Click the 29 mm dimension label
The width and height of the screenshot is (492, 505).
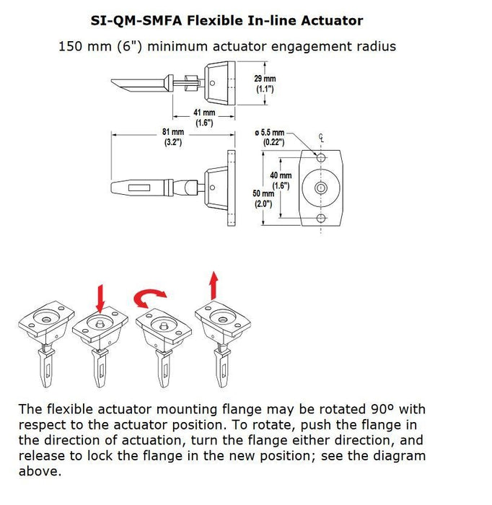(x=265, y=84)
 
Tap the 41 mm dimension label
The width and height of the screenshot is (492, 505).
(x=204, y=118)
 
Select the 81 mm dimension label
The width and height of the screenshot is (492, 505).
(x=173, y=137)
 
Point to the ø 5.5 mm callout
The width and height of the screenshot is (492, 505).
(x=270, y=137)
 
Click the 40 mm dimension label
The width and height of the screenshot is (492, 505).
(x=281, y=180)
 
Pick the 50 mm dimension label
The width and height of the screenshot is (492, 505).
(x=263, y=198)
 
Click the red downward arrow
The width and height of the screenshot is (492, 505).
(x=101, y=298)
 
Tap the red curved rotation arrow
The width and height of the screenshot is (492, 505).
(x=150, y=297)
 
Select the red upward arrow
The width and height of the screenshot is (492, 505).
(x=213, y=286)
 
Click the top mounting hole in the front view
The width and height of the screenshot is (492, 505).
(x=321, y=157)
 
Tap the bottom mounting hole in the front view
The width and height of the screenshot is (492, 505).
(x=321, y=218)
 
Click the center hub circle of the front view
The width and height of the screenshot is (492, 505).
(x=321, y=188)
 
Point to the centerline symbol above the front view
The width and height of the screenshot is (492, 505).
(x=321, y=138)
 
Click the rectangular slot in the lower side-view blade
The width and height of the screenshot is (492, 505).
(x=139, y=188)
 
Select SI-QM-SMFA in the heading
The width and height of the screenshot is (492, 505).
(x=136, y=21)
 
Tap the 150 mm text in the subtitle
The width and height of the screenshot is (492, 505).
(x=85, y=46)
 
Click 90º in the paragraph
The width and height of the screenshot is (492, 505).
(x=382, y=409)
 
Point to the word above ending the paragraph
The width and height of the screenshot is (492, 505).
(x=40, y=471)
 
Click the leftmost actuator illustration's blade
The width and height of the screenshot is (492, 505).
(x=46, y=367)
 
